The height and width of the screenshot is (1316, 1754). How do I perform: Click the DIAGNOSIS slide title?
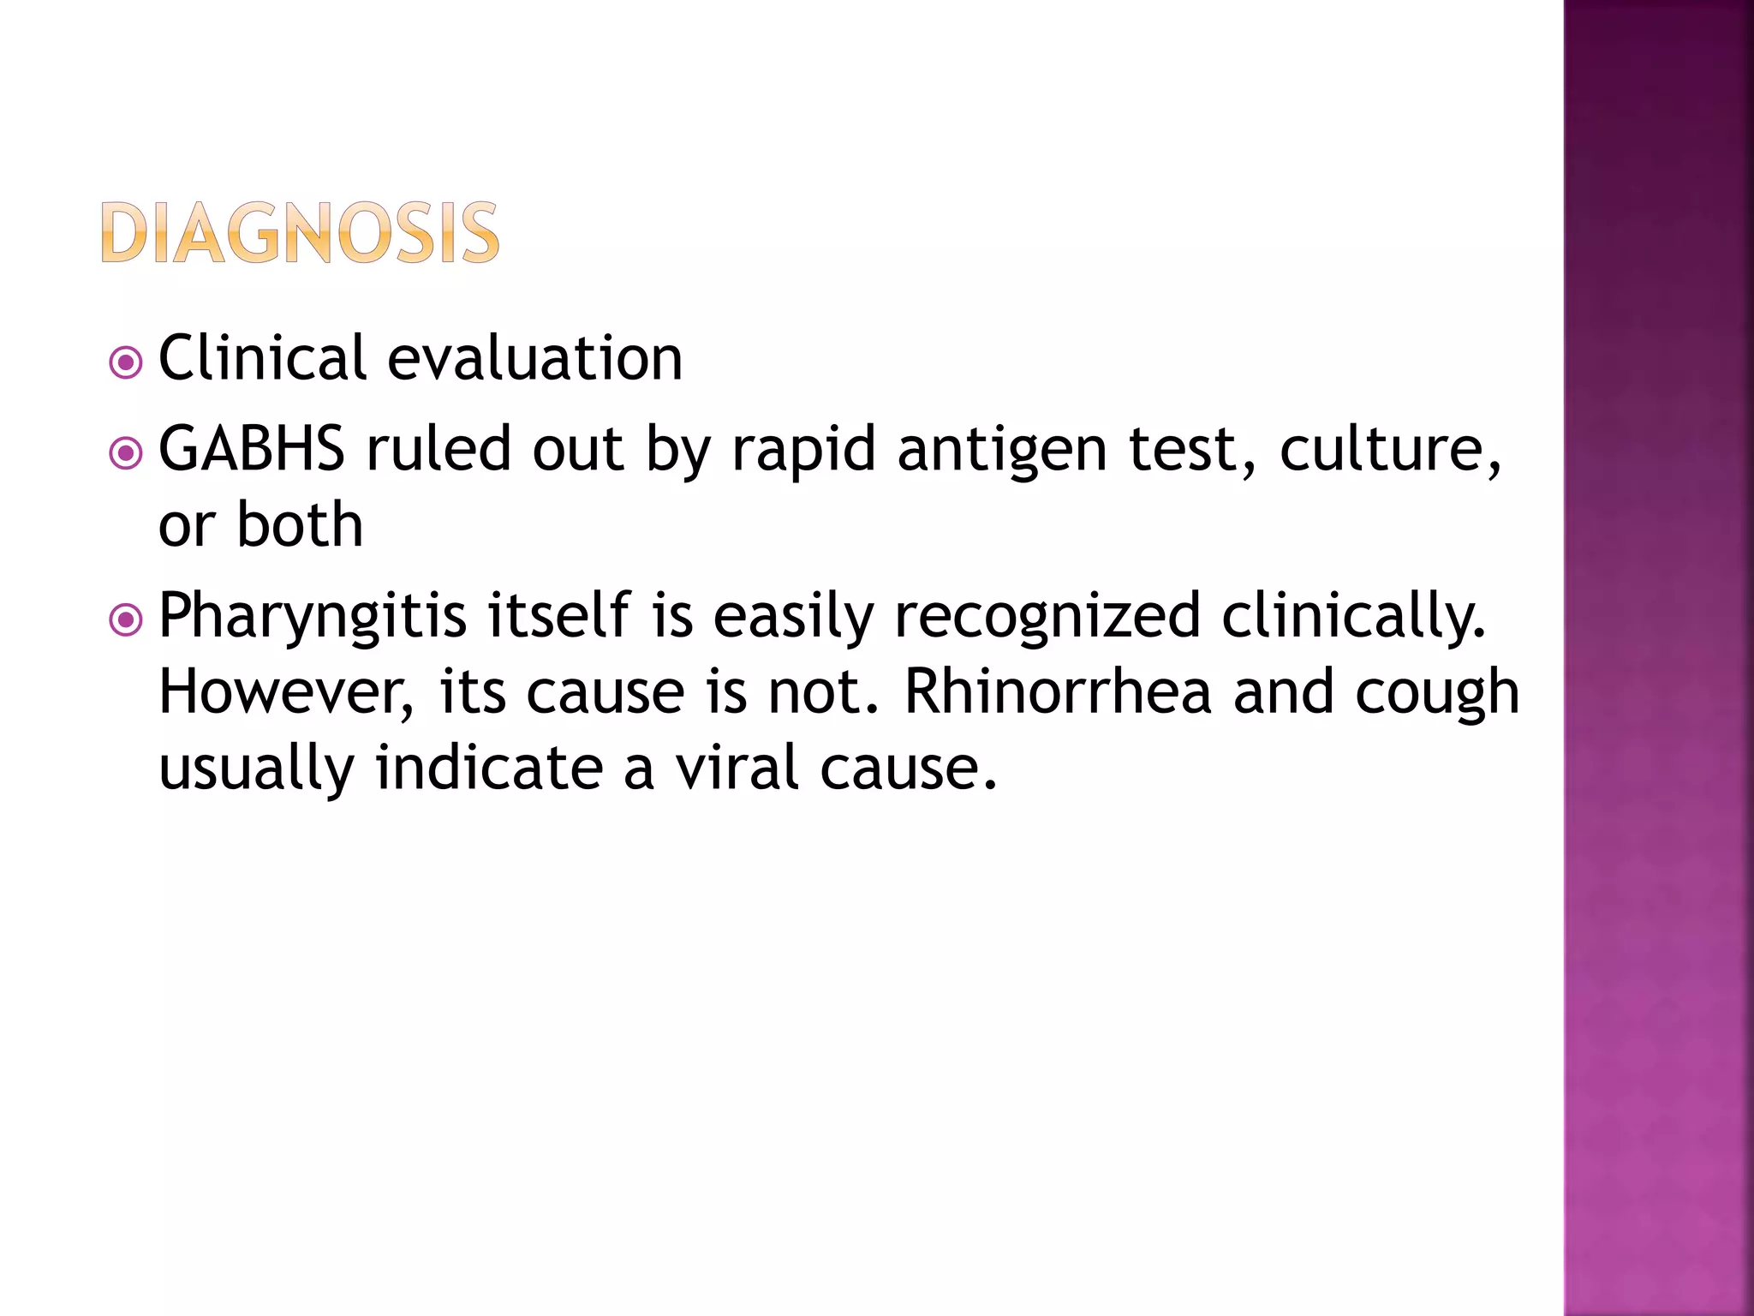coord(300,232)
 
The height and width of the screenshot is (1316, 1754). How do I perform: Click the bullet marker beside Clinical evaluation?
coord(126,362)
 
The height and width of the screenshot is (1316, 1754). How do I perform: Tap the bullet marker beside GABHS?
coord(126,453)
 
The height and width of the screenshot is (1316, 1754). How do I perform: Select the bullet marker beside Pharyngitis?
coord(126,619)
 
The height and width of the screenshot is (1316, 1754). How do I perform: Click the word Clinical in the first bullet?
coord(262,357)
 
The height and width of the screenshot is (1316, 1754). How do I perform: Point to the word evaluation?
coord(534,359)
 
